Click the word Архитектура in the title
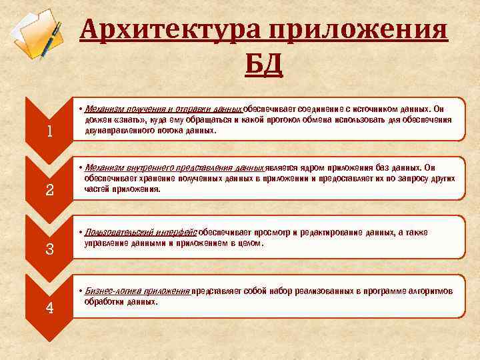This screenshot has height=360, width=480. click(x=171, y=31)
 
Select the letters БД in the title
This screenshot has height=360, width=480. click(x=264, y=65)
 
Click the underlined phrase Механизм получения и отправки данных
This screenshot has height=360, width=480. click(x=163, y=109)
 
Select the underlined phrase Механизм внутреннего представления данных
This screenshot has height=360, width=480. click(x=175, y=167)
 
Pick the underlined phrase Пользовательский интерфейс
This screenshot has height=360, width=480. click(x=141, y=232)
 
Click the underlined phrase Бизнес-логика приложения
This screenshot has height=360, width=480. click(x=137, y=291)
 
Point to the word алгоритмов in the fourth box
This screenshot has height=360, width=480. click(x=431, y=291)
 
